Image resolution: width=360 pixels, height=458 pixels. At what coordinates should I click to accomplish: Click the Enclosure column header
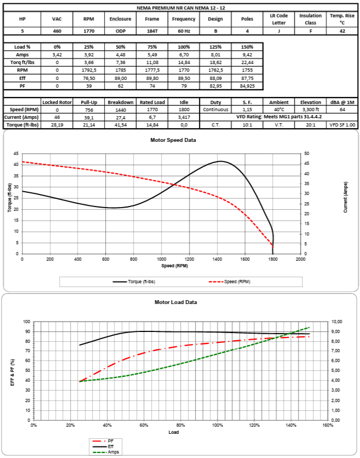[120, 19]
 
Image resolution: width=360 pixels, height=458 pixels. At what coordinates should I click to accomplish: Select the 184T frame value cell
[152, 32]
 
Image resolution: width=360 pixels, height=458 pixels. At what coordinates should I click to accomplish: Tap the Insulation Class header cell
[310, 19]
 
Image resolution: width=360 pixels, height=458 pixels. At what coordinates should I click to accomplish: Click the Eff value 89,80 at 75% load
[152, 78]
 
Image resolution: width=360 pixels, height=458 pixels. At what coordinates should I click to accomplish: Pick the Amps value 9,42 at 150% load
[247, 55]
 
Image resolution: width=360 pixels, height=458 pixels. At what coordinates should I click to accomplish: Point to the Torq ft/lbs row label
[22, 62]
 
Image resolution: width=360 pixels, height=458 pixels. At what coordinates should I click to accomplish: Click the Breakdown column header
[120, 102]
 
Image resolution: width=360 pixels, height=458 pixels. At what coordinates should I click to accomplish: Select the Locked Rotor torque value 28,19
[57, 125]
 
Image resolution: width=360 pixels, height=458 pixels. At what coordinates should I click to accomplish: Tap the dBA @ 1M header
[342, 102]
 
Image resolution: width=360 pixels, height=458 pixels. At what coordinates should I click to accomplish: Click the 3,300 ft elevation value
[310, 110]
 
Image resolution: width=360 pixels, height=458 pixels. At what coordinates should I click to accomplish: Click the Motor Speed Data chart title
[173, 140]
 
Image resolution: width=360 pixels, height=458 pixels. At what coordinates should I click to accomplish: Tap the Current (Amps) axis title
[346, 197]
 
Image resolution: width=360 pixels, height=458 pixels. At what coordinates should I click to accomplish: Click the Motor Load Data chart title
[175, 302]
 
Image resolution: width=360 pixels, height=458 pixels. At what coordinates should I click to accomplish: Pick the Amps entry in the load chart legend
[113, 452]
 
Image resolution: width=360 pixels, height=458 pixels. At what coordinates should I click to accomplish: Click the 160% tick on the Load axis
[328, 425]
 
